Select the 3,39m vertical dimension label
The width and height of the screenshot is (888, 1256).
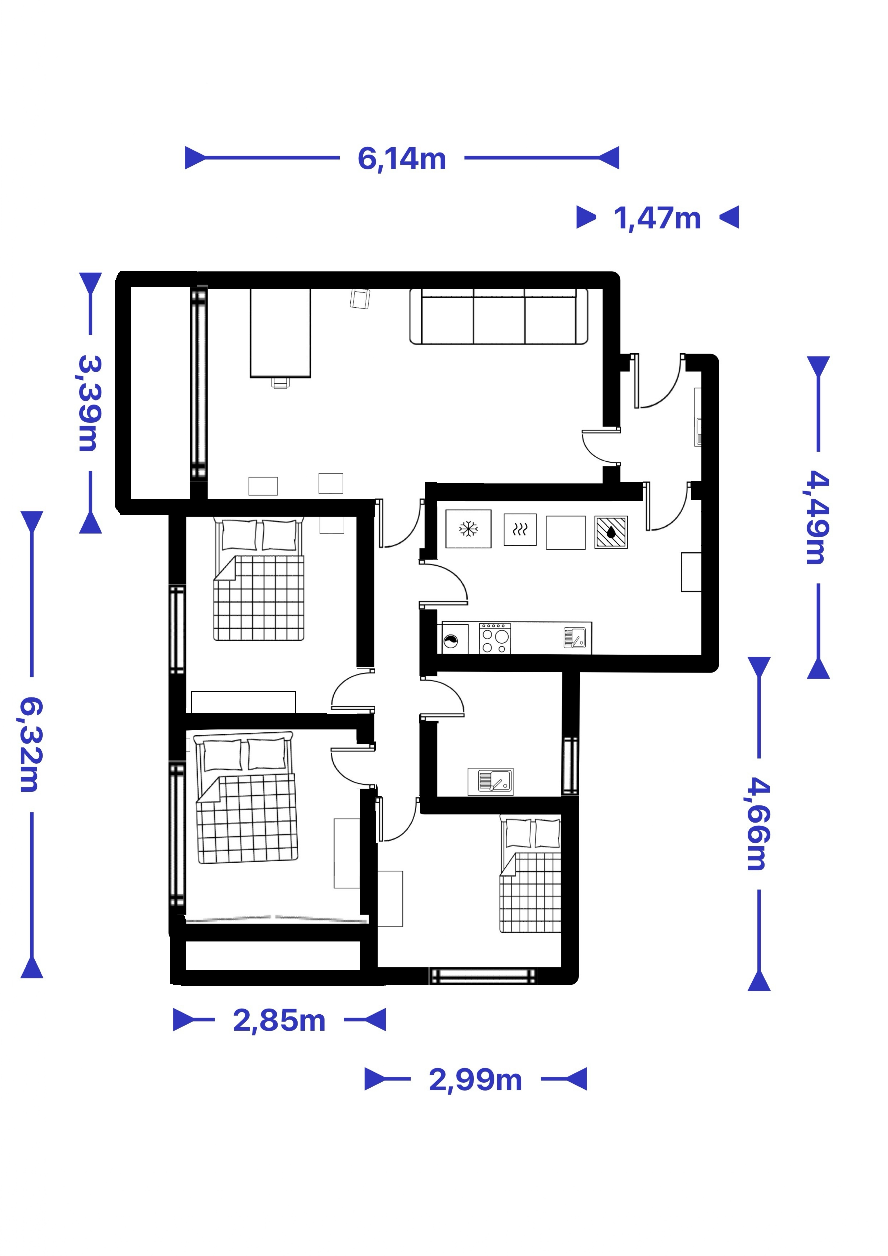pos(89,403)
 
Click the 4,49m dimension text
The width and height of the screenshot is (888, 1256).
pos(818,517)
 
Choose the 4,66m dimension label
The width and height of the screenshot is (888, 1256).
pos(759,824)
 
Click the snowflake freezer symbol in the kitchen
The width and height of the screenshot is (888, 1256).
pos(468,529)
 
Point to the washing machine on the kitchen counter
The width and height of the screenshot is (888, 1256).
pos(455,639)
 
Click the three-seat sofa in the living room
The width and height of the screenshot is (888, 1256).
pos(498,317)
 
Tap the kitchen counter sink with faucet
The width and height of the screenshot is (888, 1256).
pos(575,638)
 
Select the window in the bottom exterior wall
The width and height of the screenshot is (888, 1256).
pos(482,976)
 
